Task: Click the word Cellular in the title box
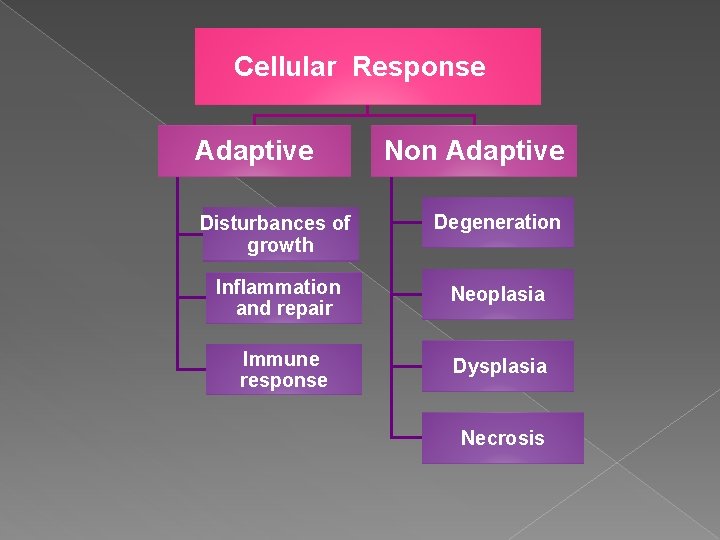click(x=285, y=67)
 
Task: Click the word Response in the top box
click(x=419, y=67)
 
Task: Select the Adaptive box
click(x=254, y=151)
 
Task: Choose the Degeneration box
click(x=497, y=223)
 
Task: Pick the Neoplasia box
click(x=497, y=294)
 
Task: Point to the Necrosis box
click(x=502, y=438)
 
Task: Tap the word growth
click(x=280, y=245)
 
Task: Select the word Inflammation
click(x=278, y=287)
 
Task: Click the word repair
click(x=305, y=309)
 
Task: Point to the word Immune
click(x=281, y=359)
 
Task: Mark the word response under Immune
click(x=283, y=381)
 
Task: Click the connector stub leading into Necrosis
click(x=406, y=438)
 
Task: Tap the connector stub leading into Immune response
click(x=191, y=369)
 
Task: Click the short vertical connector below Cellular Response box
click(x=368, y=110)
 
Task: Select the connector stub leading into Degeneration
click(x=406, y=223)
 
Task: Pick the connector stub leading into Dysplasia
click(x=406, y=366)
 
